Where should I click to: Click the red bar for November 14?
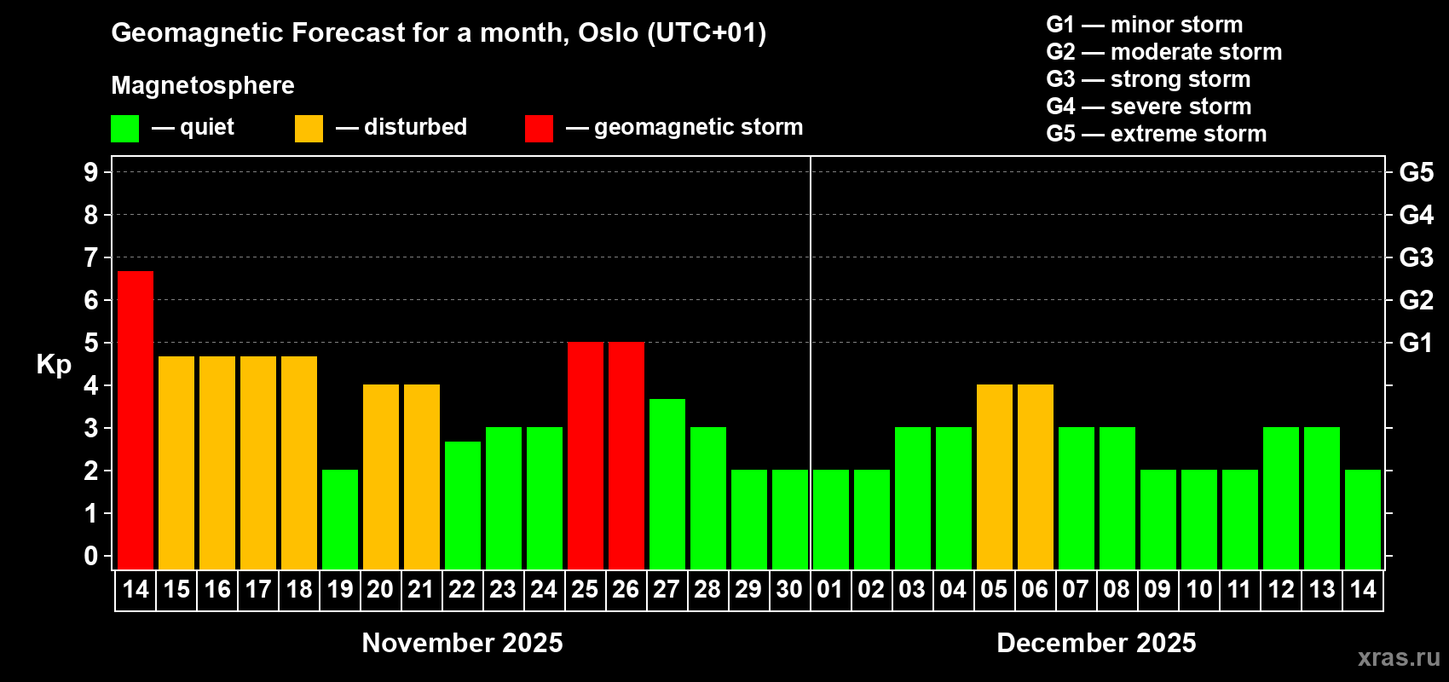pos(136,420)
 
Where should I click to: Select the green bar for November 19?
pos(340,519)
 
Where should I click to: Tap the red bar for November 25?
pos(586,455)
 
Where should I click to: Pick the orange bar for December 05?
pos(995,477)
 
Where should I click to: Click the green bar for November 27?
pos(667,484)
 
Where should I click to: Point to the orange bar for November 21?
pos(422,477)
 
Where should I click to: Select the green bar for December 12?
pos(1281,498)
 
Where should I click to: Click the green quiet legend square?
pos(124,128)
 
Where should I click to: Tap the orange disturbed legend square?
pos(309,128)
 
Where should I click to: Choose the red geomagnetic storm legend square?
pos(539,128)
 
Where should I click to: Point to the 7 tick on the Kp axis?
pos(90,257)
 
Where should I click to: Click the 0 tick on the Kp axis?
pos(90,556)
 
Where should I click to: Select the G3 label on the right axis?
pos(1416,257)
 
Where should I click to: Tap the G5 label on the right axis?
pos(1416,172)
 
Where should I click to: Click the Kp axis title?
pos(54,365)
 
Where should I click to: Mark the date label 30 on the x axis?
pos(790,589)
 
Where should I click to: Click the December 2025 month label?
pos(1096,643)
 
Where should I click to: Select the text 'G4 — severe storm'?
pos(1149,106)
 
